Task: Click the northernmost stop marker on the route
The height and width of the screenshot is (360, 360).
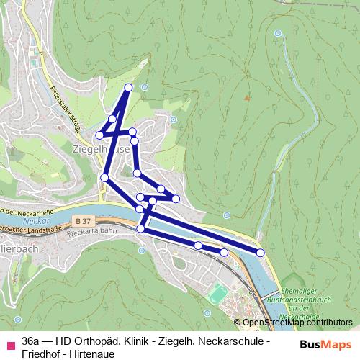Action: click(129, 87)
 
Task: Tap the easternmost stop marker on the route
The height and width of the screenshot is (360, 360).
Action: click(261, 251)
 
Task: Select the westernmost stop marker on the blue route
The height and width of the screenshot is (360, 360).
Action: click(100, 134)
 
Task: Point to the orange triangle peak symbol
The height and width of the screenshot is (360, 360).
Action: click(247, 96)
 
